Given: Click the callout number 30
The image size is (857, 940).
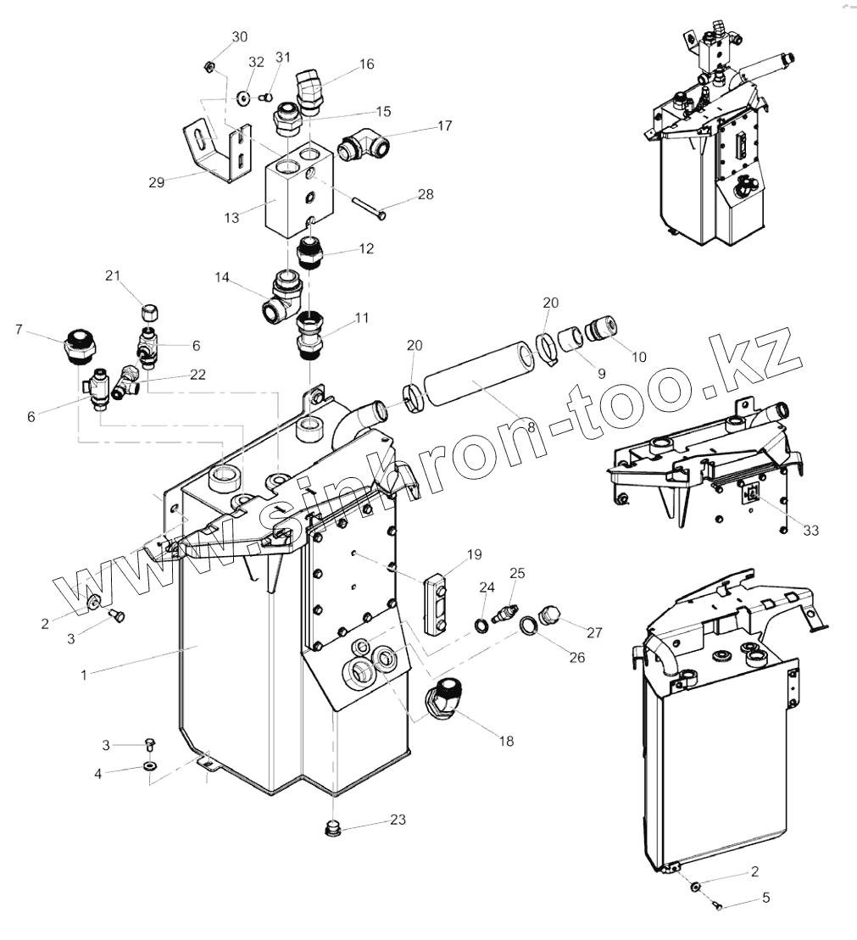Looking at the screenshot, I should coord(240,36).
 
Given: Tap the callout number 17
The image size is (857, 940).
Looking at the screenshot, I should coord(444,125).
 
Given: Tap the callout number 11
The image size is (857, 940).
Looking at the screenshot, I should coord(362,319).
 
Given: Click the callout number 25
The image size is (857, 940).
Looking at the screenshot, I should coord(517,574).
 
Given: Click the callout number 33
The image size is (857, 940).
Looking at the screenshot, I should coord(811,530).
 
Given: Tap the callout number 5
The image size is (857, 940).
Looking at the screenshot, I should coord(765,898).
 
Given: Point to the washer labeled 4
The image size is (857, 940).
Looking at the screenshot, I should coord(150,767).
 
